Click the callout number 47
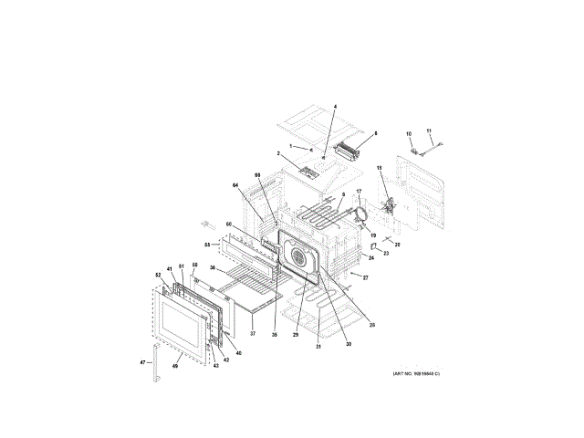[142, 362]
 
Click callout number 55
[207, 245]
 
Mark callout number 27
[365, 276]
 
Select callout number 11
[430, 132]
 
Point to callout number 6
[374, 133]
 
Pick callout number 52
[157, 275]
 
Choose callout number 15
[380, 168]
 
